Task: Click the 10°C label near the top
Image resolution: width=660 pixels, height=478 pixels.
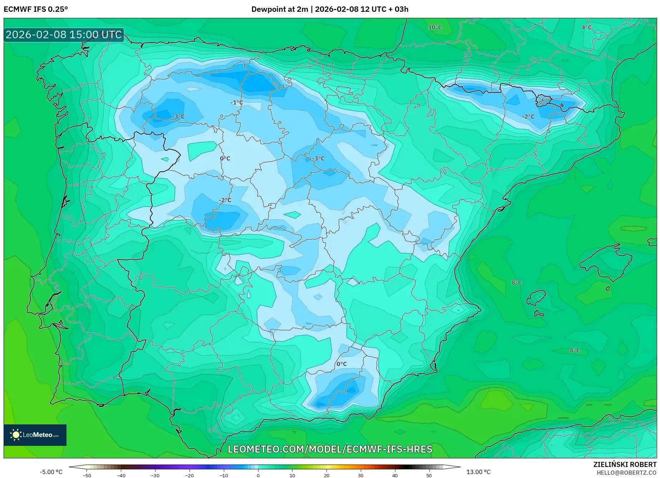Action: [435, 28]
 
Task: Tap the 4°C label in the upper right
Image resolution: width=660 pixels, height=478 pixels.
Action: [586, 28]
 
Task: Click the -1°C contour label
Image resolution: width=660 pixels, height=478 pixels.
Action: [236, 103]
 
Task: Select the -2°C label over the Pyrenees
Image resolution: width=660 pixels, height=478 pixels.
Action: [528, 116]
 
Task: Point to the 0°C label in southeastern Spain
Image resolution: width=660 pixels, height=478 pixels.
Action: [341, 364]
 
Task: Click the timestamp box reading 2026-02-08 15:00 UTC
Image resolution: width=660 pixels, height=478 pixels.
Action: [64, 35]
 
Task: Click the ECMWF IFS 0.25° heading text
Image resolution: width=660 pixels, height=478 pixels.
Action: [36, 9]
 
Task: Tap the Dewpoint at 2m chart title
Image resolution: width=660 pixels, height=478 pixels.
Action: [330, 9]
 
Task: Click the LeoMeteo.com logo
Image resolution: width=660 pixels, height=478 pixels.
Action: [35, 435]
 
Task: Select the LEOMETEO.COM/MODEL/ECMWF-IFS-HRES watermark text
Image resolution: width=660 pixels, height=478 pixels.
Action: [330, 449]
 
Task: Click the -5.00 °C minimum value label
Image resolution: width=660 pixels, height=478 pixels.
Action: [51, 472]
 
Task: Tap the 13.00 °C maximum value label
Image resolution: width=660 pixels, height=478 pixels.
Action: [478, 472]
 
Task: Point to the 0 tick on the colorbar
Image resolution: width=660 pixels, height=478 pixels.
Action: [258, 475]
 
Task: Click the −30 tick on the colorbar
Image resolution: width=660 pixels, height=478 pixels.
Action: [155, 475]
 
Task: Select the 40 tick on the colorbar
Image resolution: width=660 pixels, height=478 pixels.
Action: [395, 475]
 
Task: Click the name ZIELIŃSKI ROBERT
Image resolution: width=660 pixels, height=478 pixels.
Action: [625, 464]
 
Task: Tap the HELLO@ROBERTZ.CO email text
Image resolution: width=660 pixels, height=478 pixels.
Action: [626, 473]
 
